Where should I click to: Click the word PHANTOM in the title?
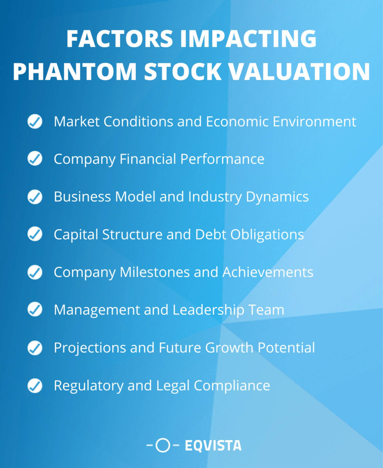pos(75,71)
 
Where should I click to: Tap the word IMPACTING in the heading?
pos(248,39)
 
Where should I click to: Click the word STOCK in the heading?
pos(183,71)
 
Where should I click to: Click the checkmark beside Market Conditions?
pos(35,121)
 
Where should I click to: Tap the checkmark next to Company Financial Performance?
pos(35,159)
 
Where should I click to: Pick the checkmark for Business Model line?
pos(35,196)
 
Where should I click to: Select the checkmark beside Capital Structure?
pos(35,234)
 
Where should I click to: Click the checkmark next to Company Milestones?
pos(35,272)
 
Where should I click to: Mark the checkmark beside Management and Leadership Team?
pos(35,310)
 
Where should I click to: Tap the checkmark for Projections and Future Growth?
pos(35,348)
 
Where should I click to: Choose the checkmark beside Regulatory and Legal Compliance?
pos(35,386)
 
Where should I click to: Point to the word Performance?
pos(222,159)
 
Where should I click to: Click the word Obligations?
pos(267,235)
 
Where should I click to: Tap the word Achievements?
pos(268,272)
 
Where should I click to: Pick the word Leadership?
pos(208,310)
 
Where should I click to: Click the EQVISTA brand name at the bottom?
pos(213,446)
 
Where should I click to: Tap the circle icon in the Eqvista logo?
pos(163,445)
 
